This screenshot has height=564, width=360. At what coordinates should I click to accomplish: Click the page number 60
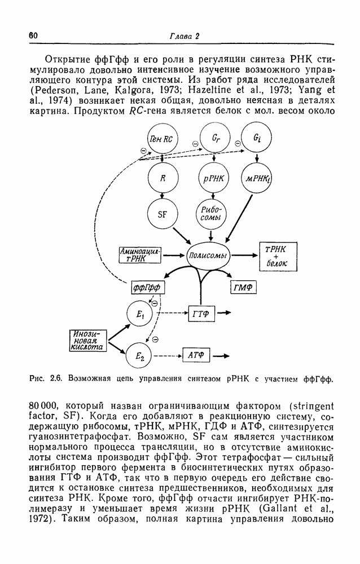[x=33, y=36]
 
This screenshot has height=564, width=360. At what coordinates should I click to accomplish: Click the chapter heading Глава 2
[x=185, y=36]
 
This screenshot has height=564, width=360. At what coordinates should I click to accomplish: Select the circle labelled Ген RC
[x=162, y=139]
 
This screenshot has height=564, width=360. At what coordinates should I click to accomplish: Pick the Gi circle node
[x=256, y=138]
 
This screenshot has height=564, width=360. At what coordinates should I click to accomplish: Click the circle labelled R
[x=163, y=178]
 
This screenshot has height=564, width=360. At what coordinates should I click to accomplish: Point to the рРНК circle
[x=214, y=178]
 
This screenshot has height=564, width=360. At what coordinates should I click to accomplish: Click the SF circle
[x=163, y=215]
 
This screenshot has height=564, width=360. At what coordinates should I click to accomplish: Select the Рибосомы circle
[x=211, y=215]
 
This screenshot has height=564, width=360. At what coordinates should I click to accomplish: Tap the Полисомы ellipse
[x=208, y=255]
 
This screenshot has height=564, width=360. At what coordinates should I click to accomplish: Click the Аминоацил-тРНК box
[x=140, y=255]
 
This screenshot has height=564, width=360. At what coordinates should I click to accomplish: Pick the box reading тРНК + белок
[x=278, y=256]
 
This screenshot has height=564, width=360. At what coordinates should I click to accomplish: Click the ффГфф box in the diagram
[x=147, y=288]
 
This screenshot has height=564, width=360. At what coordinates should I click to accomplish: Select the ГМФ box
[x=243, y=288]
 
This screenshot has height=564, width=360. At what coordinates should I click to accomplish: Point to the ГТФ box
[x=201, y=314]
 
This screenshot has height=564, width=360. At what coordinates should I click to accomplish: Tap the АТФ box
[x=196, y=355]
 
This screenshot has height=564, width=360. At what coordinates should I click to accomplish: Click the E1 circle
[x=140, y=314]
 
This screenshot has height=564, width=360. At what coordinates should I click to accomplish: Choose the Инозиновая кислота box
[x=88, y=340]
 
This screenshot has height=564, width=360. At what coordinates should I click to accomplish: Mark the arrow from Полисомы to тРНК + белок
[x=245, y=255]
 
